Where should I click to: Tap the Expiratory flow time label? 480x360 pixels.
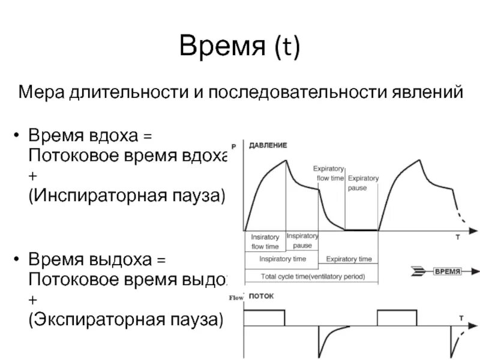(x=329, y=173)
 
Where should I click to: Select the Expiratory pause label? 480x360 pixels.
(x=364, y=182)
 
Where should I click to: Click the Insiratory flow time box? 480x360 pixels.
(x=265, y=241)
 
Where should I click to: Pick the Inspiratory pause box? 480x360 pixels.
(x=302, y=241)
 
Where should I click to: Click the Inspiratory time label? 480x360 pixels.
(x=283, y=259)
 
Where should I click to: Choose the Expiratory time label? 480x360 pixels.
(x=349, y=259)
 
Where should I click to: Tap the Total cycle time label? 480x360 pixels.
(x=312, y=277)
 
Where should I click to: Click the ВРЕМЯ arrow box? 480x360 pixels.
(x=446, y=272)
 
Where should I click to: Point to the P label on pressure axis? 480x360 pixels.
(x=233, y=146)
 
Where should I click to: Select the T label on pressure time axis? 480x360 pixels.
(x=457, y=238)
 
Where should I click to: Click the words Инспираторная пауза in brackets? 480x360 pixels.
(x=126, y=196)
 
